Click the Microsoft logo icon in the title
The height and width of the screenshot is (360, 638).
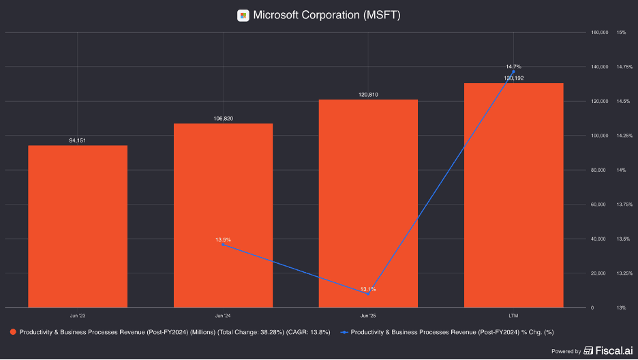(243, 16)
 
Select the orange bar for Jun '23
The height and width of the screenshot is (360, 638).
(78, 226)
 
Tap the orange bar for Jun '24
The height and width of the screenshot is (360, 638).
(223, 215)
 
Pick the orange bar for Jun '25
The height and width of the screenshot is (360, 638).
(368, 203)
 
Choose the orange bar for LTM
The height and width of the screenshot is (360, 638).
(513, 195)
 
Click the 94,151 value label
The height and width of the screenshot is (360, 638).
(77, 140)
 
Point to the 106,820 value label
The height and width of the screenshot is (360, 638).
(224, 119)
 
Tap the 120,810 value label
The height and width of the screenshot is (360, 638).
(368, 94)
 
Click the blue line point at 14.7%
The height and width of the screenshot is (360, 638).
(513, 72)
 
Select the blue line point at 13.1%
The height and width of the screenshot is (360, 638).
(368, 294)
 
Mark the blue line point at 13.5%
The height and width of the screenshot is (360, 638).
(223, 245)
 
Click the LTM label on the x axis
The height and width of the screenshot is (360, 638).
(513, 316)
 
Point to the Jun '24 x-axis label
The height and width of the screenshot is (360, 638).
(223, 316)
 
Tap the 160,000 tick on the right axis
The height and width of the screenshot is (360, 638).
(600, 32)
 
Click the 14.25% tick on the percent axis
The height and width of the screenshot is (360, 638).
(624, 136)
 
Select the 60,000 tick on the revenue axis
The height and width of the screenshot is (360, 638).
(598, 204)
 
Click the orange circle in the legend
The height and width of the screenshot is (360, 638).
(13, 332)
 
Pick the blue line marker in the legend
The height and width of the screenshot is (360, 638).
(344, 332)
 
